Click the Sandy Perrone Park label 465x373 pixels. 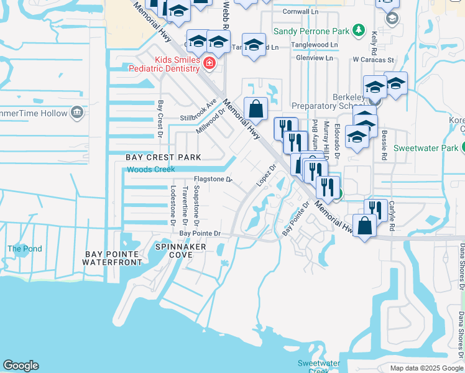coord(312,29)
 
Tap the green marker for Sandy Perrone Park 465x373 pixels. coord(358,29)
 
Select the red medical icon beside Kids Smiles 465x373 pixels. coord(209,63)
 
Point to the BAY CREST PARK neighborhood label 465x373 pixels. coord(163,157)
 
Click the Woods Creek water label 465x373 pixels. coord(151,169)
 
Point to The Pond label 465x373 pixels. coord(25,249)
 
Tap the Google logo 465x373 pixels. coord(21,366)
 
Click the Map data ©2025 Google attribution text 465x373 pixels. coord(426,368)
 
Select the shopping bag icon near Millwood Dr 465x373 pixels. coord(256,109)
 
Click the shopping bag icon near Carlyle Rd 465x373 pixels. coord(364,225)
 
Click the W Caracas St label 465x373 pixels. coord(373,60)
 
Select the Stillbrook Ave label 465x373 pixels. coord(198,109)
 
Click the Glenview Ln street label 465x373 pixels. coord(315,58)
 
